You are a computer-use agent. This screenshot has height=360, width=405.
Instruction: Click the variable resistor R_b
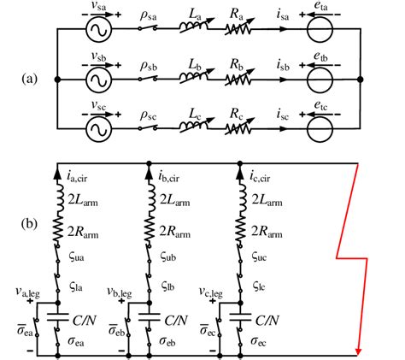(x=242, y=82)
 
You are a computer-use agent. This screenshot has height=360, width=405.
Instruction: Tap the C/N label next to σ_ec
(x=272, y=321)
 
